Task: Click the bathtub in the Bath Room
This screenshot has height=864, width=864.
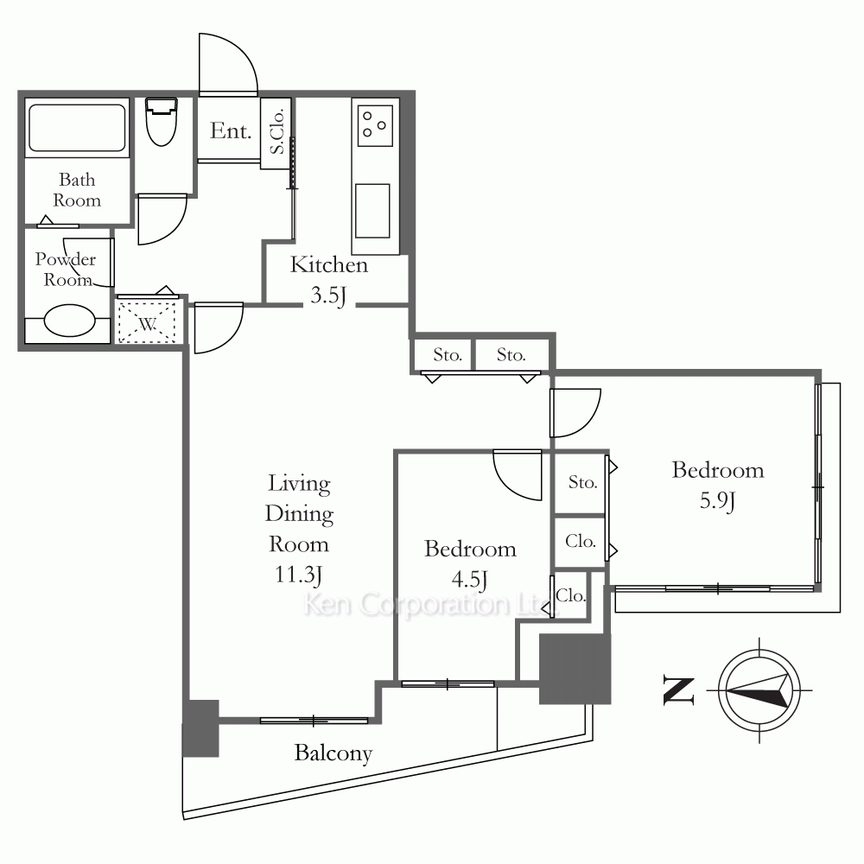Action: coord(77,128)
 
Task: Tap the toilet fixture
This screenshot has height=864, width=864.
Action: coord(161,122)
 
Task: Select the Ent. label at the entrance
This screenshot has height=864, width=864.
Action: coord(231,131)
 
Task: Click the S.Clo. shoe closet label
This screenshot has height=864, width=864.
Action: coord(277,131)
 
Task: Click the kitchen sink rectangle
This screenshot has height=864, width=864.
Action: coord(372,211)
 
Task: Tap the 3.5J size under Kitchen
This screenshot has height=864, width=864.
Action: coord(327,295)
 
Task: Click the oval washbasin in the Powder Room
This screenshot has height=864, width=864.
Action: coord(69,321)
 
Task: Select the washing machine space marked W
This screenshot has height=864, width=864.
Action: coord(147,321)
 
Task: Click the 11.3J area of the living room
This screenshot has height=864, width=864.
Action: coord(298,575)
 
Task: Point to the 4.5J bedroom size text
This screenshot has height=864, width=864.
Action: coord(469,580)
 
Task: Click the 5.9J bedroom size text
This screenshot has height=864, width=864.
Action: coord(717,501)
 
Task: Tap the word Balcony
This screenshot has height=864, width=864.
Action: coord(334,753)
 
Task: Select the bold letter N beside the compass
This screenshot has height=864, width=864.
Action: coord(678,689)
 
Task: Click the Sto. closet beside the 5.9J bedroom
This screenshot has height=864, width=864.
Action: coord(582,483)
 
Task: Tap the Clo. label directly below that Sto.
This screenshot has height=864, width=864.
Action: coord(581,542)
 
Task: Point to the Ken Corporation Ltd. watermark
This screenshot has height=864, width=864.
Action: coord(430,605)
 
